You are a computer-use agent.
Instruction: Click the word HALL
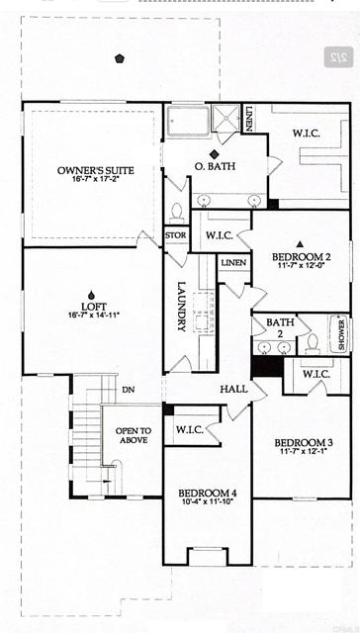point(234,389)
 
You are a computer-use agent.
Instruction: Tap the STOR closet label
point(176,235)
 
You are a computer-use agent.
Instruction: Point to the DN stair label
point(128,390)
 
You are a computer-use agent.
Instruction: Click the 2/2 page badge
point(338,58)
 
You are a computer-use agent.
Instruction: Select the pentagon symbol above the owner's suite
point(120,58)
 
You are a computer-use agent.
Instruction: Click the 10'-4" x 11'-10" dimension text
point(208,503)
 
